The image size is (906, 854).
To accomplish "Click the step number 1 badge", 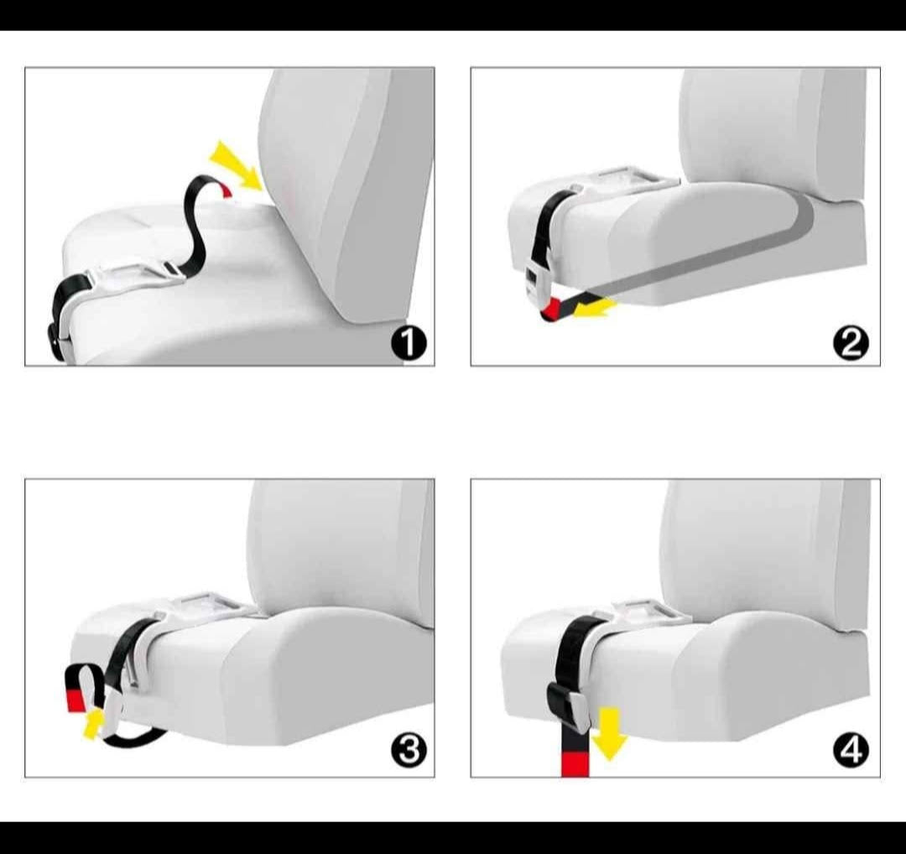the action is click(x=409, y=343).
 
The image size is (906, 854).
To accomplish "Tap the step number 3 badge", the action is click(x=409, y=751).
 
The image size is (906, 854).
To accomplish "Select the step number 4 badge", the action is click(x=851, y=751).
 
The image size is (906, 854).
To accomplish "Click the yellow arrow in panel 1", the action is click(x=237, y=164).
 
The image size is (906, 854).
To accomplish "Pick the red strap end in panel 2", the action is click(x=552, y=310).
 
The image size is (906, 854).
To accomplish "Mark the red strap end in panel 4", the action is click(x=575, y=764).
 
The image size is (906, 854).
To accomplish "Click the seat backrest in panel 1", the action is click(x=346, y=190).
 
